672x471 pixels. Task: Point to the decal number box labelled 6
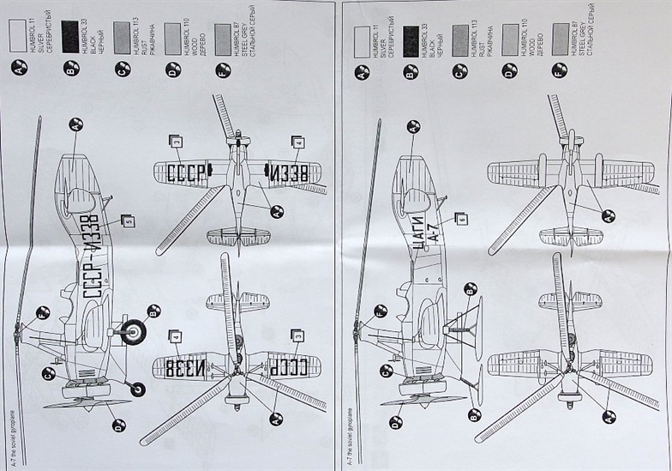coord(460,219)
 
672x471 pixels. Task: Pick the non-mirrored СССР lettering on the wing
coord(186,172)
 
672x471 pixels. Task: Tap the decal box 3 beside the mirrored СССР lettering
coord(297,335)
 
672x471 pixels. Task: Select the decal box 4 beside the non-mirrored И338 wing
coord(297,142)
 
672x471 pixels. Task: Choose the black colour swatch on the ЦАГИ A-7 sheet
coord(412,37)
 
